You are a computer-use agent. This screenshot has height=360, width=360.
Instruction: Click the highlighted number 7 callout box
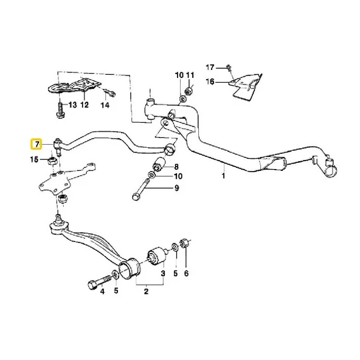tap(37, 144)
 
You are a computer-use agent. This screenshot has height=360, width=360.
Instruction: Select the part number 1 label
tap(223, 176)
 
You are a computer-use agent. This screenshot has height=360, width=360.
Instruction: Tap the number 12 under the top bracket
tap(85, 105)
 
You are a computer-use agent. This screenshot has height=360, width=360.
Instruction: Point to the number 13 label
tap(72, 105)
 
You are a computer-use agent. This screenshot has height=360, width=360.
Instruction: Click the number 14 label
tap(105, 105)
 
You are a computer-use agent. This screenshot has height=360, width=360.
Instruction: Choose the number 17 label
tap(211, 67)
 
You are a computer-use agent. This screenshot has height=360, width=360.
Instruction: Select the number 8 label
tap(176, 167)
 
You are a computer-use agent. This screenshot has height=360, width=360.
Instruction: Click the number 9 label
tap(177, 189)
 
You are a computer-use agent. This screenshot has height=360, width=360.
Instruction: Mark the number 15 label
tap(36, 160)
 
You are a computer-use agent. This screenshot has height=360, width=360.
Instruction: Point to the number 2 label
tap(145, 292)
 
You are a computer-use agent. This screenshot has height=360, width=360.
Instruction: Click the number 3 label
tap(162, 274)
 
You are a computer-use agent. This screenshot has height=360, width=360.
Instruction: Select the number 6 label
tap(186, 274)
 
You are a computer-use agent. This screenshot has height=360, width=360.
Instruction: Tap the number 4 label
tap(102, 292)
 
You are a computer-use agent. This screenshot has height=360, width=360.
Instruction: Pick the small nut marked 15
tap(53, 161)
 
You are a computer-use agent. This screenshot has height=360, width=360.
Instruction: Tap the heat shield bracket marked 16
tap(246, 85)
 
